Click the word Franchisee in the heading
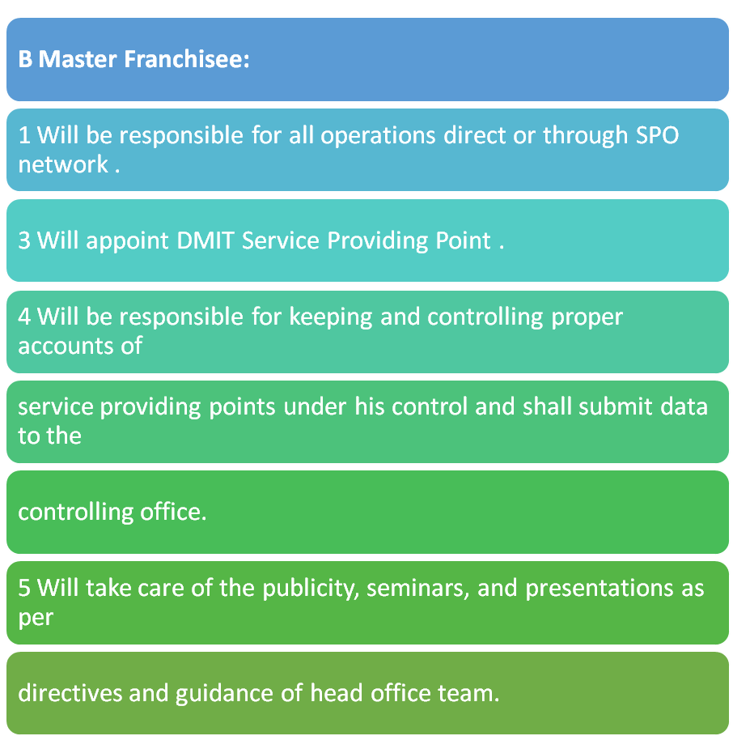[187, 59]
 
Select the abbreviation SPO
[657, 135]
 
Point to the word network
[63, 164]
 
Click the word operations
[378, 136]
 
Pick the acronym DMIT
[205, 240]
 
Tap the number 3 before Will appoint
[24, 240]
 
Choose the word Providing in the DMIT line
[377, 241]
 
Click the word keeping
[331, 317]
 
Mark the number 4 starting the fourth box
[24, 317]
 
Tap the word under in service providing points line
[315, 406]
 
